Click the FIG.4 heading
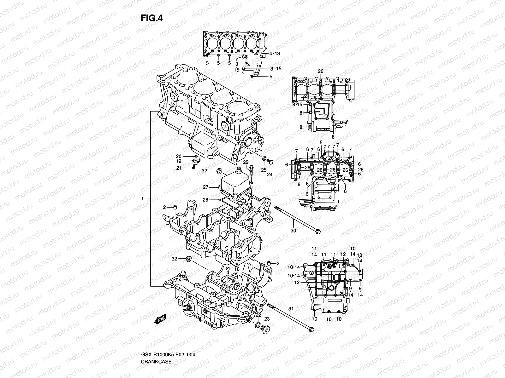tap(151, 18)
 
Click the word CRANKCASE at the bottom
tap(157, 344)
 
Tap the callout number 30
tap(293, 231)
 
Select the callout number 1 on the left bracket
tap(143, 199)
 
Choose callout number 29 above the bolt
tap(246, 162)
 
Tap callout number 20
tap(178, 156)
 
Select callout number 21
tap(179, 168)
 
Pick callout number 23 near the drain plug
tap(267, 319)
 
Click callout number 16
tap(237, 269)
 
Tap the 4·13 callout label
tap(275, 54)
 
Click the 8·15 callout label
tap(297, 104)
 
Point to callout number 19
tap(178, 161)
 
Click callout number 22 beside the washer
tap(258, 315)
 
